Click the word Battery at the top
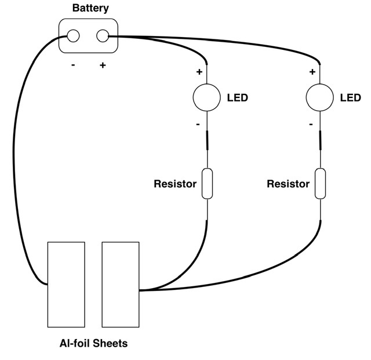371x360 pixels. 90,8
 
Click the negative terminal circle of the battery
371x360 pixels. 74,35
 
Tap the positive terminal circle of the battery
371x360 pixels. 103,35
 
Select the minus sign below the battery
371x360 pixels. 73,65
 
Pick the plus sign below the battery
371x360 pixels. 103,65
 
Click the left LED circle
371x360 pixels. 206,97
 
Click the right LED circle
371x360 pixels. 319,97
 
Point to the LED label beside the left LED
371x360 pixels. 237,98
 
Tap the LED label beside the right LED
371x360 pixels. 350,98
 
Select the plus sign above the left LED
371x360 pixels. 199,72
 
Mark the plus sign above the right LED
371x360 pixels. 312,72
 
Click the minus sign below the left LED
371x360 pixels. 198,124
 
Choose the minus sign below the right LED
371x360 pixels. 311,124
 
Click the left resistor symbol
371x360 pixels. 206,184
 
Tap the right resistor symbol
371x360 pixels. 319,184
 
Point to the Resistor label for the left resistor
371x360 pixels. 174,184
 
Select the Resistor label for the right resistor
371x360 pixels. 288,184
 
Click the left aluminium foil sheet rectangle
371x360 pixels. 66,285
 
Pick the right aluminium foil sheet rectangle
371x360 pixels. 121,285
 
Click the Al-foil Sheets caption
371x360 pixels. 93,343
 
